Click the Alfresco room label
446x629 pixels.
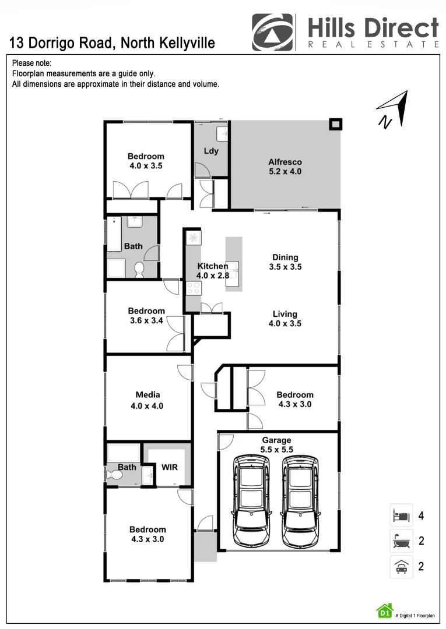point(285,162)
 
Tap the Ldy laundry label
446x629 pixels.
point(211,151)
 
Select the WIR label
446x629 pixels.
point(169,468)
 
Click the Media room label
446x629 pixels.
point(148,395)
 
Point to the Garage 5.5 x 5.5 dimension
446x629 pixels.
point(276,450)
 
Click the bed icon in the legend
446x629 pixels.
point(401,515)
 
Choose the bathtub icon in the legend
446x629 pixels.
point(401,541)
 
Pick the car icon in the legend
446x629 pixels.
point(401,566)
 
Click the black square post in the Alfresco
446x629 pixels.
point(335,124)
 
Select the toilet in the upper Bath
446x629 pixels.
point(139,268)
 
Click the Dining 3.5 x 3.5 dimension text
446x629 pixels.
point(285,267)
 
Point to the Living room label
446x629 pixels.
point(285,314)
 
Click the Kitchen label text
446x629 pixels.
point(212,266)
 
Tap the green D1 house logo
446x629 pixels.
point(384,610)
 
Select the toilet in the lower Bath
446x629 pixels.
point(115,475)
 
